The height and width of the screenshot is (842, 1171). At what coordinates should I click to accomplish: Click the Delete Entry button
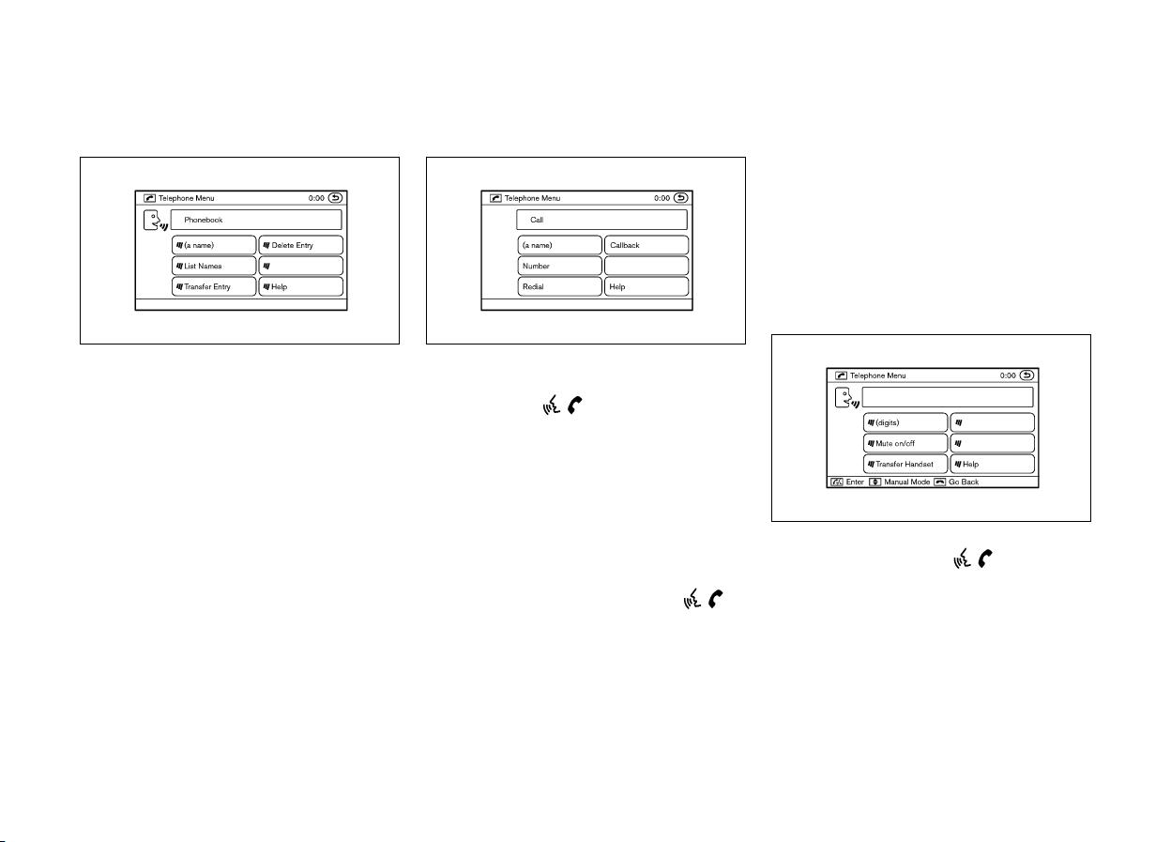point(301,245)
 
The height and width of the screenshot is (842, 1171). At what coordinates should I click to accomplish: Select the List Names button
point(214,266)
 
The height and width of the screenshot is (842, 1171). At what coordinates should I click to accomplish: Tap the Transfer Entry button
point(214,286)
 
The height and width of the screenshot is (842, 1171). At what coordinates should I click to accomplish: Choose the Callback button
point(646,245)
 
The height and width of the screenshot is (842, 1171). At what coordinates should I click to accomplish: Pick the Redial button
point(560,286)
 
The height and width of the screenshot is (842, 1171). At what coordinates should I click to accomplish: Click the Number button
point(560,266)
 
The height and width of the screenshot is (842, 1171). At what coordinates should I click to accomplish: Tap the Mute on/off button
point(905,443)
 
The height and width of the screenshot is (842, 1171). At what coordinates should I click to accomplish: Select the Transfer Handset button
point(905,464)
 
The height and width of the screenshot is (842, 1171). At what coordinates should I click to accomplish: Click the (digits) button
point(905,422)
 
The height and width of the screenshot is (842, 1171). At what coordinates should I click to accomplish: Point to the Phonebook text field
point(256,220)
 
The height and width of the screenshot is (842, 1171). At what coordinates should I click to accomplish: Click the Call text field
point(601,220)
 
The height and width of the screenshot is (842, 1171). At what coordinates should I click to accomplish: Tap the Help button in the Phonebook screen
point(301,286)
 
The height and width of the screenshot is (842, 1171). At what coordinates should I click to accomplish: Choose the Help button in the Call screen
point(646,286)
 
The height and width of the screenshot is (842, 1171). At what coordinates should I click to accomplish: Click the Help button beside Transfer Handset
point(992,464)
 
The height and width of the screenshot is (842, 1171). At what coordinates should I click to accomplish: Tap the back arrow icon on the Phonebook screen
point(335,198)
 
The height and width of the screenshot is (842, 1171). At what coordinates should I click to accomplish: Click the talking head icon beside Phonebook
point(155,221)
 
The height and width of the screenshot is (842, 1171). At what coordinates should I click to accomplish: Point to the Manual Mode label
point(907,482)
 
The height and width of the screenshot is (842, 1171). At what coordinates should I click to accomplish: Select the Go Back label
point(964,482)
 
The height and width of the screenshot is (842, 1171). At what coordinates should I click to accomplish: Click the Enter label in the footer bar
point(855,482)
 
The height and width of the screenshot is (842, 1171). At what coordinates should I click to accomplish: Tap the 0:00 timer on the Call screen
point(662,198)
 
